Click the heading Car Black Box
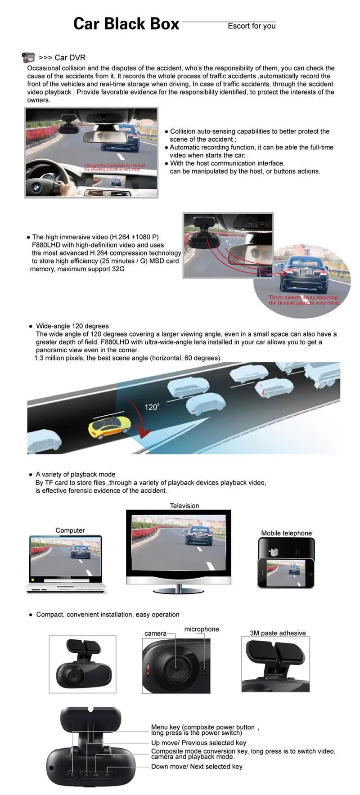click(126, 24)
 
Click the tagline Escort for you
click(252, 26)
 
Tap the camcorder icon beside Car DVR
click(28, 58)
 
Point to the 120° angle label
click(152, 407)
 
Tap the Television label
click(184, 506)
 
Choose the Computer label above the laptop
click(70, 530)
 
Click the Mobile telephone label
click(286, 533)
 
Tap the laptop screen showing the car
click(66, 557)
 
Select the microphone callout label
click(202, 629)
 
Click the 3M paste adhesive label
click(278, 633)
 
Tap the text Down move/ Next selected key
click(197, 766)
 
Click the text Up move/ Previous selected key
click(198, 743)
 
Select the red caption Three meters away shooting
click(303, 297)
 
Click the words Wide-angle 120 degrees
click(72, 326)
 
